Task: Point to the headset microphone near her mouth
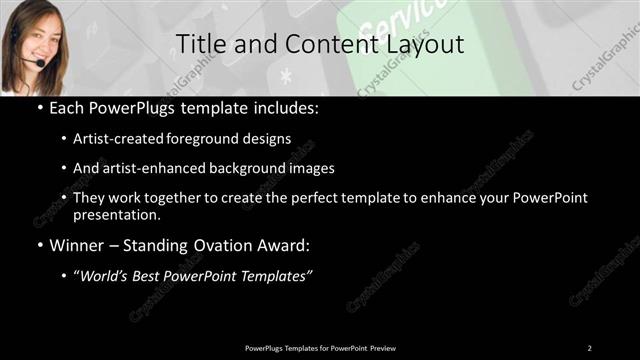[40, 63]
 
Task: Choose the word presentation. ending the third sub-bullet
[118, 214]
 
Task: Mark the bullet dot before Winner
[39, 243]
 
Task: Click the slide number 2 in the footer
[589, 348]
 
